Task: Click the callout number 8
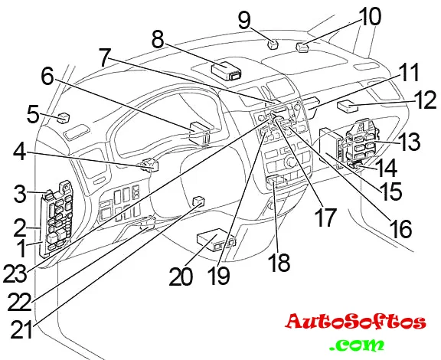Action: (x=158, y=40)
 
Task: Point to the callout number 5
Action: (x=33, y=114)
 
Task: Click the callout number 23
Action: (x=15, y=274)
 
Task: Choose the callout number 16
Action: (x=400, y=229)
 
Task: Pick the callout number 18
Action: (x=279, y=262)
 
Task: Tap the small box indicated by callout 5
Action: (x=64, y=118)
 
